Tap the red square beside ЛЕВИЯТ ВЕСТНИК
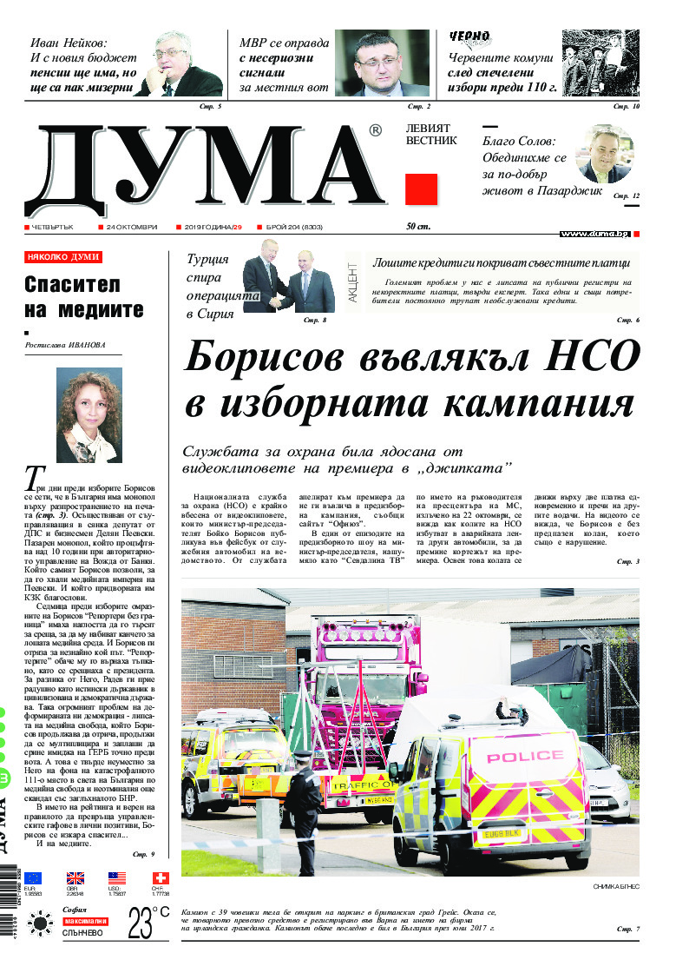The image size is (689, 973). pos(421,189)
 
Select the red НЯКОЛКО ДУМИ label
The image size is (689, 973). pos(63,257)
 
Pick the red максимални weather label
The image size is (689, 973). pos(85,921)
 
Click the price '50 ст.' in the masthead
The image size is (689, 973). pos(418,227)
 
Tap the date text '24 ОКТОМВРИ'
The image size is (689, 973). pos(131,227)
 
